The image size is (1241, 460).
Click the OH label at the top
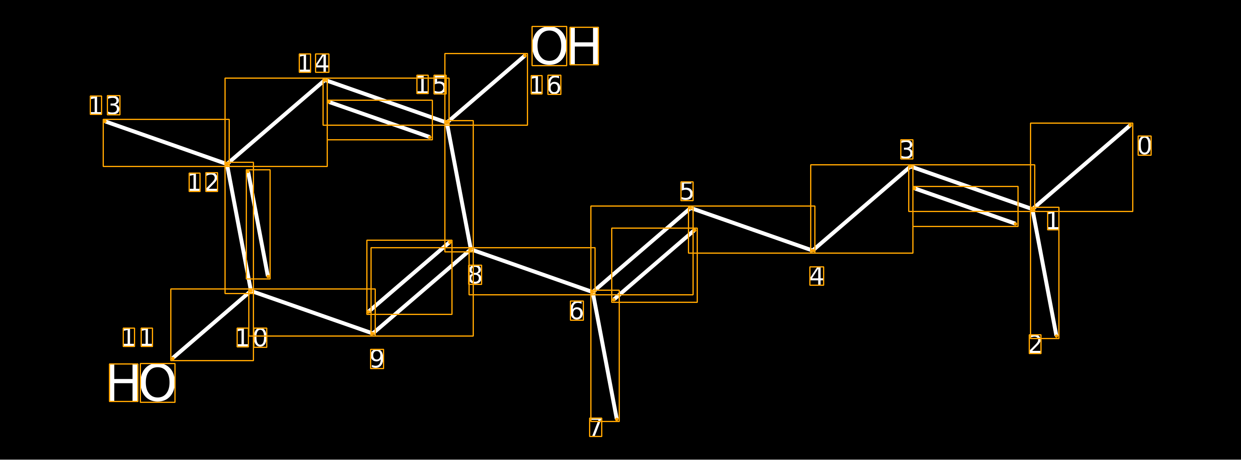tap(565, 46)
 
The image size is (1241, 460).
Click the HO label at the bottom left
tap(142, 382)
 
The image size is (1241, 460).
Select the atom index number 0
tap(1145, 145)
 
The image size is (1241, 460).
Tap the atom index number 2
tap(1035, 344)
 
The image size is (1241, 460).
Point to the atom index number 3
tap(907, 149)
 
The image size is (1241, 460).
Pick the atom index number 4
tap(817, 276)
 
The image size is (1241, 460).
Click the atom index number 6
tap(576, 310)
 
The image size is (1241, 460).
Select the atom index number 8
tap(475, 275)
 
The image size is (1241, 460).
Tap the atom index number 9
tap(377, 359)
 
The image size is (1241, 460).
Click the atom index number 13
tap(105, 105)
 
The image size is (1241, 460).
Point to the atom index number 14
tap(314, 63)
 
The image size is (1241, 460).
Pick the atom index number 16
tap(546, 85)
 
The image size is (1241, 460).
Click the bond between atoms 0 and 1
tap(1082, 167)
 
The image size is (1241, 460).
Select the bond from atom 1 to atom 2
tap(1045, 273)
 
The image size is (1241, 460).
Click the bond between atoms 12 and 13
tap(166, 143)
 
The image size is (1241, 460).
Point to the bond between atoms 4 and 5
tap(752, 230)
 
